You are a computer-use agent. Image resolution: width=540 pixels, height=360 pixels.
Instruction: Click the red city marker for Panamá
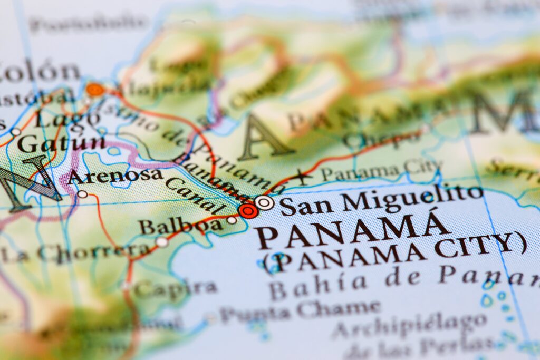point(248,211)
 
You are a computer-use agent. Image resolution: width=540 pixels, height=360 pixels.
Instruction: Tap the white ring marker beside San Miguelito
point(264,202)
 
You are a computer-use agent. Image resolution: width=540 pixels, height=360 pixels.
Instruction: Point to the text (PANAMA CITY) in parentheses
point(394,251)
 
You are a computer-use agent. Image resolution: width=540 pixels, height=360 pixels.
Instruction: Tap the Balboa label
point(180,226)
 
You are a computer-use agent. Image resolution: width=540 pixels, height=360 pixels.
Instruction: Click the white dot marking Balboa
point(232,220)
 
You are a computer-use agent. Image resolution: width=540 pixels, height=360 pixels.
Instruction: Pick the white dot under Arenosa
point(82,194)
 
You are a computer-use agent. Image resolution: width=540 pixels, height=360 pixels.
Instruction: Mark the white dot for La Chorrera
point(162,242)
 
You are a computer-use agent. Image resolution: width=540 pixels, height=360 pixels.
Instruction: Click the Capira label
point(175,288)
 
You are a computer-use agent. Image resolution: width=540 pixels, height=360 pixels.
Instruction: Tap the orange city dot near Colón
point(95,90)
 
